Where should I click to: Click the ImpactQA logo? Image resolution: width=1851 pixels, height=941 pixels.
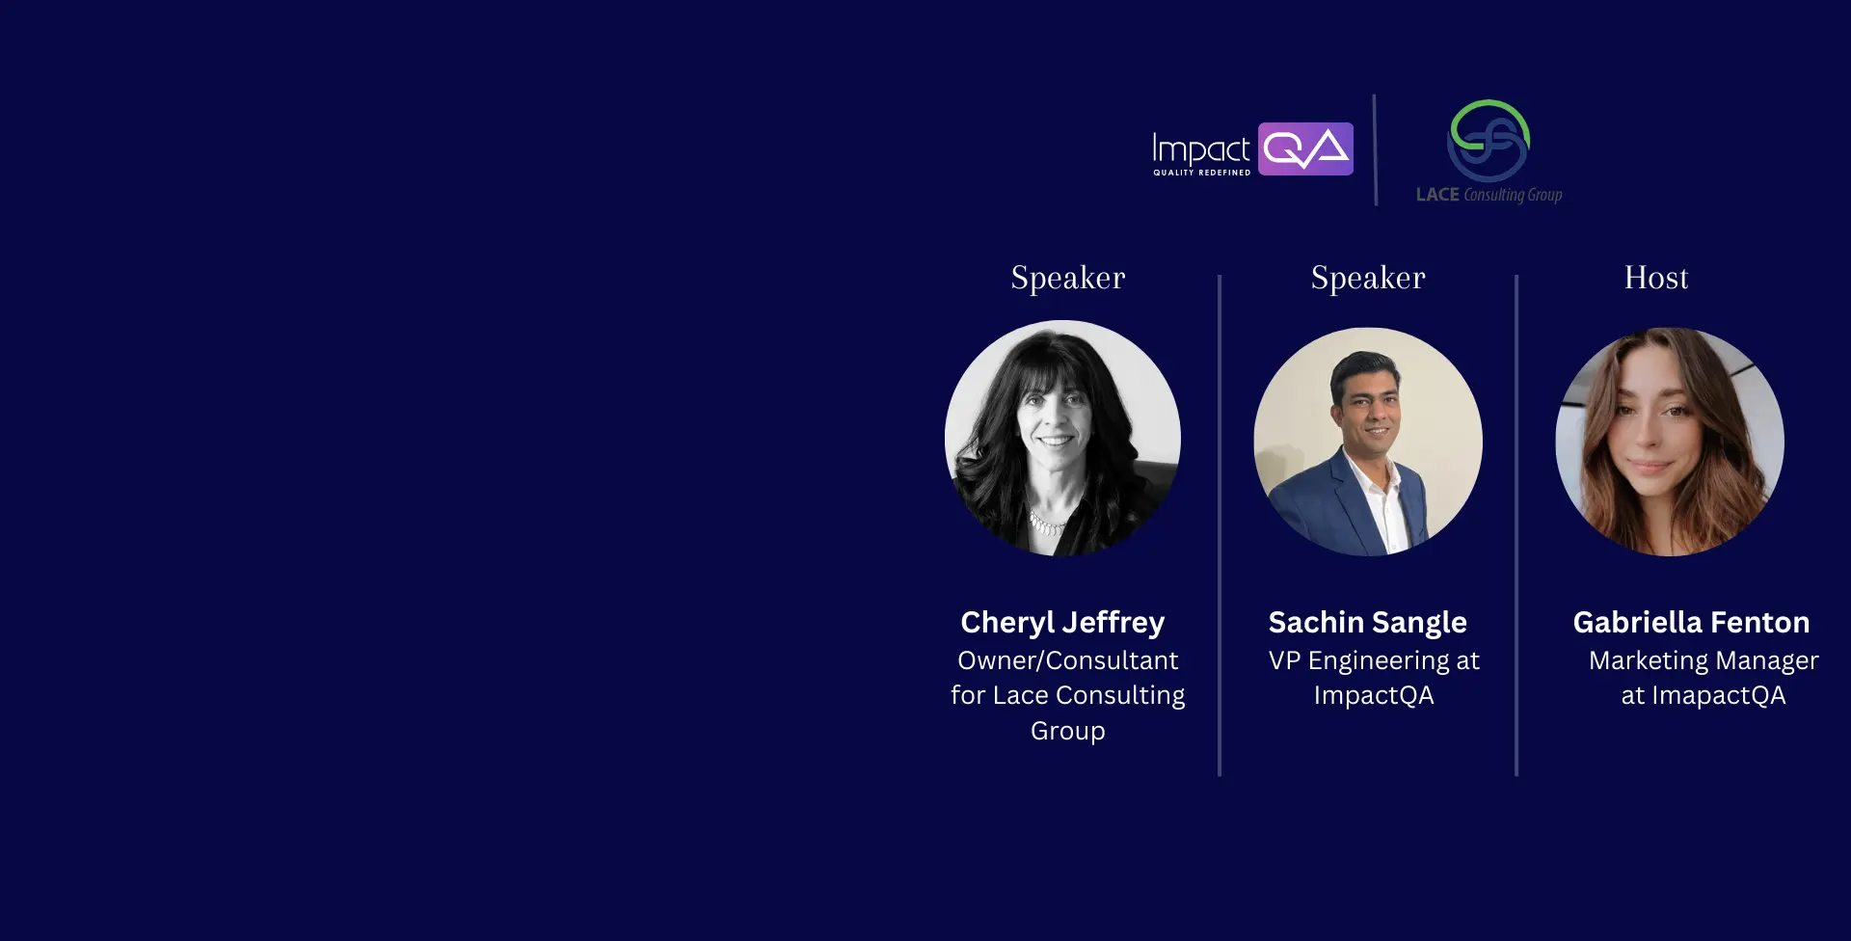(1252, 149)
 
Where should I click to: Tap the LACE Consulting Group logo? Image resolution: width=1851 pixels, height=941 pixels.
(1489, 152)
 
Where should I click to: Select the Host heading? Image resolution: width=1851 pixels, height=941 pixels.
(1656, 278)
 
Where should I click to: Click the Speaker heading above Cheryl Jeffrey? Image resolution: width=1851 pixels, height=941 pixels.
(1068, 279)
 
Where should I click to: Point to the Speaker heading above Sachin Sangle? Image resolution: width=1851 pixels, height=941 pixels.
(1368, 279)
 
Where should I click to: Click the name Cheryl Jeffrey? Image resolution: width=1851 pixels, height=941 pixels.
(1062, 623)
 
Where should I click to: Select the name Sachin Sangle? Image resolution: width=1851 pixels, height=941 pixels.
(1368, 623)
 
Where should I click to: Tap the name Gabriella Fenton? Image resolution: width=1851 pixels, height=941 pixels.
(1691, 622)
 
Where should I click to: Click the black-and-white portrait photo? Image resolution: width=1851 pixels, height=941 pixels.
(1062, 438)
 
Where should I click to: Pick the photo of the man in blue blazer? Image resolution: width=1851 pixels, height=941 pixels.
(1368, 442)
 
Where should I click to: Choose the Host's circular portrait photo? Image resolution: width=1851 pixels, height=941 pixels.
(1670, 442)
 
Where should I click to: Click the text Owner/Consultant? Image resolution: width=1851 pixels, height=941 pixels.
(1068, 660)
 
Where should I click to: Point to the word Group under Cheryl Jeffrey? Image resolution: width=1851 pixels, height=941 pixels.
(1068, 732)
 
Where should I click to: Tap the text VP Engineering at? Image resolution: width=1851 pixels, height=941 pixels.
(1374, 661)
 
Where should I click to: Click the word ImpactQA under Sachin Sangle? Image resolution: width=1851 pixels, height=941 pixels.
(1374, 696)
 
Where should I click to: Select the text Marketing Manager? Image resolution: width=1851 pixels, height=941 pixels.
(1703, 661)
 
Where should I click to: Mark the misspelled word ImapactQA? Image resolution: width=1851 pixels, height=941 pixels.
(1719, 696)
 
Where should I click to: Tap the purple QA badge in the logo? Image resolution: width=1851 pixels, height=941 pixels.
(1305, 148)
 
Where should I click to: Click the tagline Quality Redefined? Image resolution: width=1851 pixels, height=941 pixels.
(1202, 173)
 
